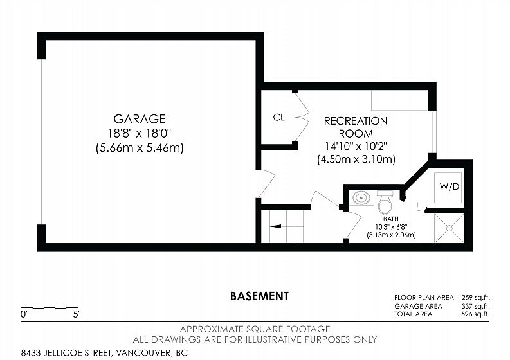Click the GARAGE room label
(139, 119)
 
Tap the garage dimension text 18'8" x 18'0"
(139, 133)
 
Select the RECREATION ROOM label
(356, 127)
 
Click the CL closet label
(278, 118)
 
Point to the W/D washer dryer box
(448, 187)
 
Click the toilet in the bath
(385, 202)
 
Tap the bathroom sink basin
(361, 197)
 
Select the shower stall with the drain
(449, 228)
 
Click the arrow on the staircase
(275, 226)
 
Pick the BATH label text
(390, 219)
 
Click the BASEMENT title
(259, 296)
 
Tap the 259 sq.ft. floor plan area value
(475, 297)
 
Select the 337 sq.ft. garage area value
(475, 306)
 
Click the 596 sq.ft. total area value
(475, 314)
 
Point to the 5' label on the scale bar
(76, 314)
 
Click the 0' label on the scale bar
(23, 314)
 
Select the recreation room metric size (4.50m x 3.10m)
(356, 159)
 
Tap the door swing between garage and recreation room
(267, 183)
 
